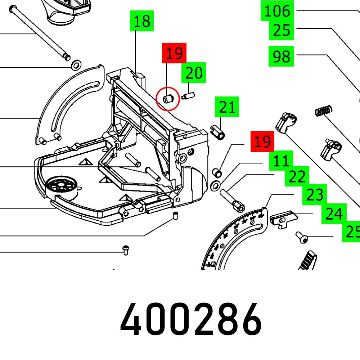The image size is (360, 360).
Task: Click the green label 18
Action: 142,22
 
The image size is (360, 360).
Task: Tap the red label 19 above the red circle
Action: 175,54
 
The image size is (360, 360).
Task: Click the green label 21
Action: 227,107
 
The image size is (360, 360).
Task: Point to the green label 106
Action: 277,11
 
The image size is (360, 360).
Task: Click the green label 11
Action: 281,161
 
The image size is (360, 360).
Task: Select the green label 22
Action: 297,177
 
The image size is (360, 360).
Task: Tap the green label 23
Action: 315,195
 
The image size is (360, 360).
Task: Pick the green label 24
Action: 334,214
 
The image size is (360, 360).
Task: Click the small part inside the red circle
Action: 168,98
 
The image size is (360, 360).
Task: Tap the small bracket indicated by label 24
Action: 284,219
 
